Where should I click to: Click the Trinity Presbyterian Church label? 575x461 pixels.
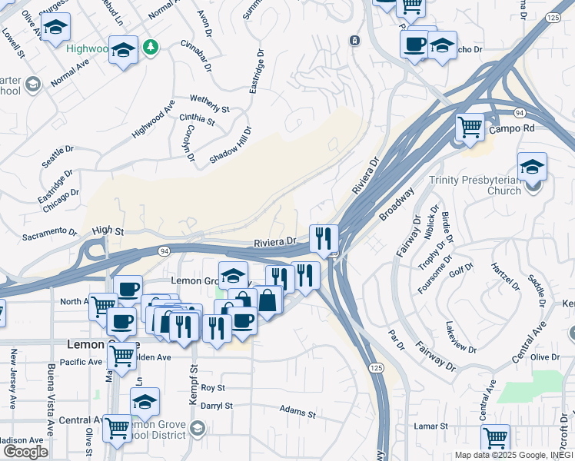point(475,185)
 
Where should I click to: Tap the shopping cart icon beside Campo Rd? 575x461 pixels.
point(470,127)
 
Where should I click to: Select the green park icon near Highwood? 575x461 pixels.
point(152,48)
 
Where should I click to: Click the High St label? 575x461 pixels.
point(108,230)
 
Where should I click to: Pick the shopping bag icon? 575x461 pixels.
point(268,300)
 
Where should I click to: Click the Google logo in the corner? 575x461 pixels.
point(25,451)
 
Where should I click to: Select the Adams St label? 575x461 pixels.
point(298,413)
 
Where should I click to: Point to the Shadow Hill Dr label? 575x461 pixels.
point(231,144)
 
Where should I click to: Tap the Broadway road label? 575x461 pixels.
point(397,204)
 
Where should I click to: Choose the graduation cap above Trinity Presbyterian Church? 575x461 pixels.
point(532,167)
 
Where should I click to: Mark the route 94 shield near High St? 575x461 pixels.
point(165,250)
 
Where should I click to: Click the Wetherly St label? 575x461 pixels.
point(210,104)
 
